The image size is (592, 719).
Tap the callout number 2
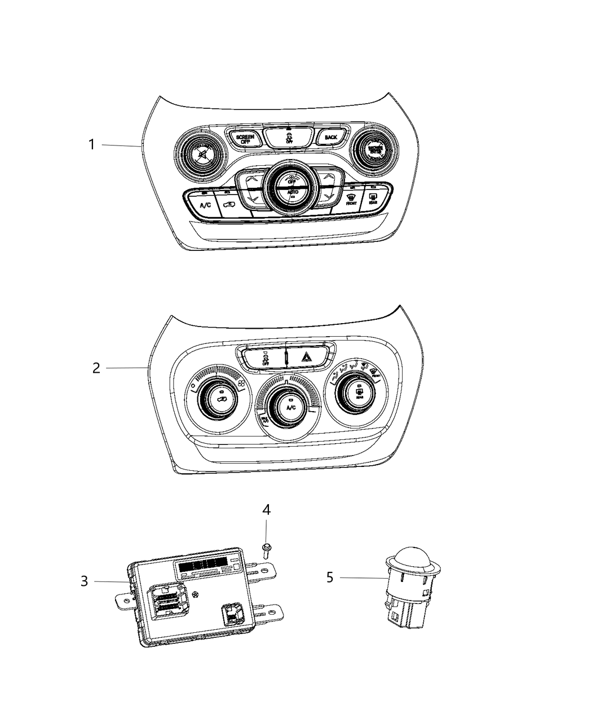(x=96, y=368)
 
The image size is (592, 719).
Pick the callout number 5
(x=330, y=577)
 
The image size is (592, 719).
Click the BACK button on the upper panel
(x=331, y=137)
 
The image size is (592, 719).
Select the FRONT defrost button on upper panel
(x=351, y=199)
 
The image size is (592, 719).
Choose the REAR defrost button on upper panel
(x=373, y=198)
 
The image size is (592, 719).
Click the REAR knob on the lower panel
(x=359, y=391)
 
